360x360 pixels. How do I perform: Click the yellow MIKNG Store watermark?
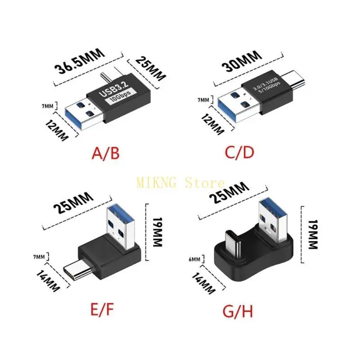(180, 183)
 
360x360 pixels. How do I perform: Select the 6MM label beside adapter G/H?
(194, 259)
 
